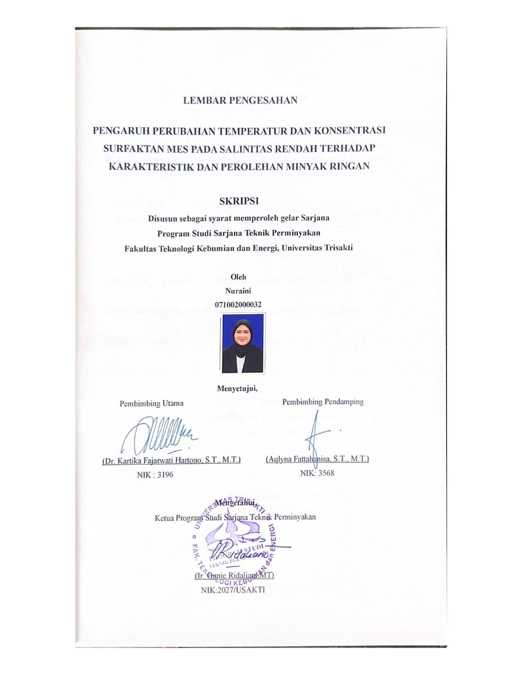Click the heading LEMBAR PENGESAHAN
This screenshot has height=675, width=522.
240,101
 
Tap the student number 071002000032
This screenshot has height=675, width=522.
238,305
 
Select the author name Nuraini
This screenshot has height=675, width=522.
238,291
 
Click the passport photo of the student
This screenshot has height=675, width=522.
243,343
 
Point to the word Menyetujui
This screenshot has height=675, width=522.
237,388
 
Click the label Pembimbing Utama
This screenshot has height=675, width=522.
151,403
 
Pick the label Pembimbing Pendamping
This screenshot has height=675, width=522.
323,402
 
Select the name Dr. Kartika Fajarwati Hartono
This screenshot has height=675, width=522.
171,460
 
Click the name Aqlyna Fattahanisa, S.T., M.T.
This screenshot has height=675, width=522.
317,459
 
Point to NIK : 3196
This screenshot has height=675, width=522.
155,475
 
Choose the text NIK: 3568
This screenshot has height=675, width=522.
317,473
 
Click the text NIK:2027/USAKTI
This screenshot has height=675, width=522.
233,590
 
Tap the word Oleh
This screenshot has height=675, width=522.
238,277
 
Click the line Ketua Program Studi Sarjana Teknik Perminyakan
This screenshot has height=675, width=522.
235,517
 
